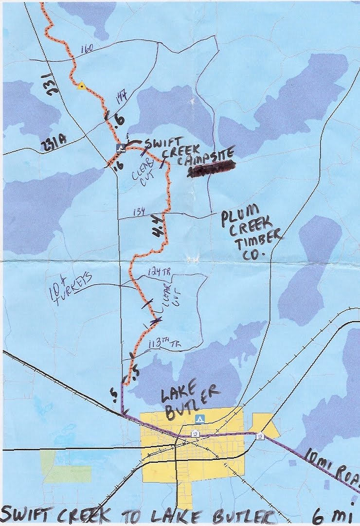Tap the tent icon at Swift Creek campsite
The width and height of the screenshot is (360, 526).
[120, 146]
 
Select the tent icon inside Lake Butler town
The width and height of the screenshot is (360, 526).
[198, 419]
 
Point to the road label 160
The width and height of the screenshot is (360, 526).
[88, 48]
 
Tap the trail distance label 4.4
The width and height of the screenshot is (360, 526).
[157, 232]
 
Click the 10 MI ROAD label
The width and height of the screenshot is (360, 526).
[331, 467]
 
